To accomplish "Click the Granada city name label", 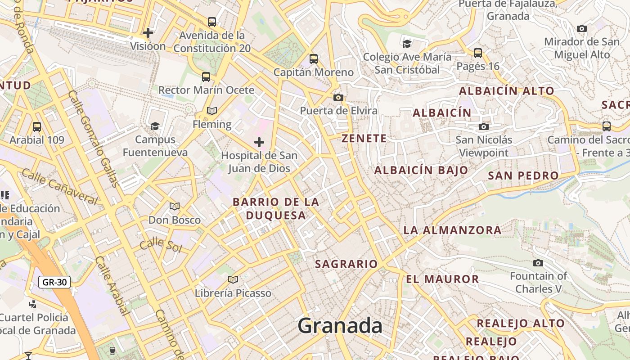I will pos(340,325).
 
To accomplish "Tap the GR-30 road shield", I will pos(54,283).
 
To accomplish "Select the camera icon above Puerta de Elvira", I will pos(338,97).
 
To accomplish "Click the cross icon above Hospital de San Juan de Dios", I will pos(259,143).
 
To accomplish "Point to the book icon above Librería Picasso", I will pos(233,280).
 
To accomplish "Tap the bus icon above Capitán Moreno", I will pos(314,59).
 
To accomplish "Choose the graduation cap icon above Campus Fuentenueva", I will pos(155,126).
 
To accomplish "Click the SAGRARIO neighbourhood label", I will pos(346,264).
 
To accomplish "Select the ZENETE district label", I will pos(364,139).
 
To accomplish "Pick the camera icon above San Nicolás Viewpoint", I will pos(484,126).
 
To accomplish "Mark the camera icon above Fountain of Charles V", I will pos(538,263).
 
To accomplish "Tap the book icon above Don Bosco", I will pos(175,207).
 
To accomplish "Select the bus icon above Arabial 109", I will pos(37,127).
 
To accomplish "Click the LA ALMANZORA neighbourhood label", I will pos(452,230).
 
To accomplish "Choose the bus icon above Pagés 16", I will pos(478,53).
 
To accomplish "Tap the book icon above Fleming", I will pos(212,111).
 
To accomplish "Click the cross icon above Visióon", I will pos(148,33).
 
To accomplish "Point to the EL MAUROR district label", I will pos(442,279).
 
